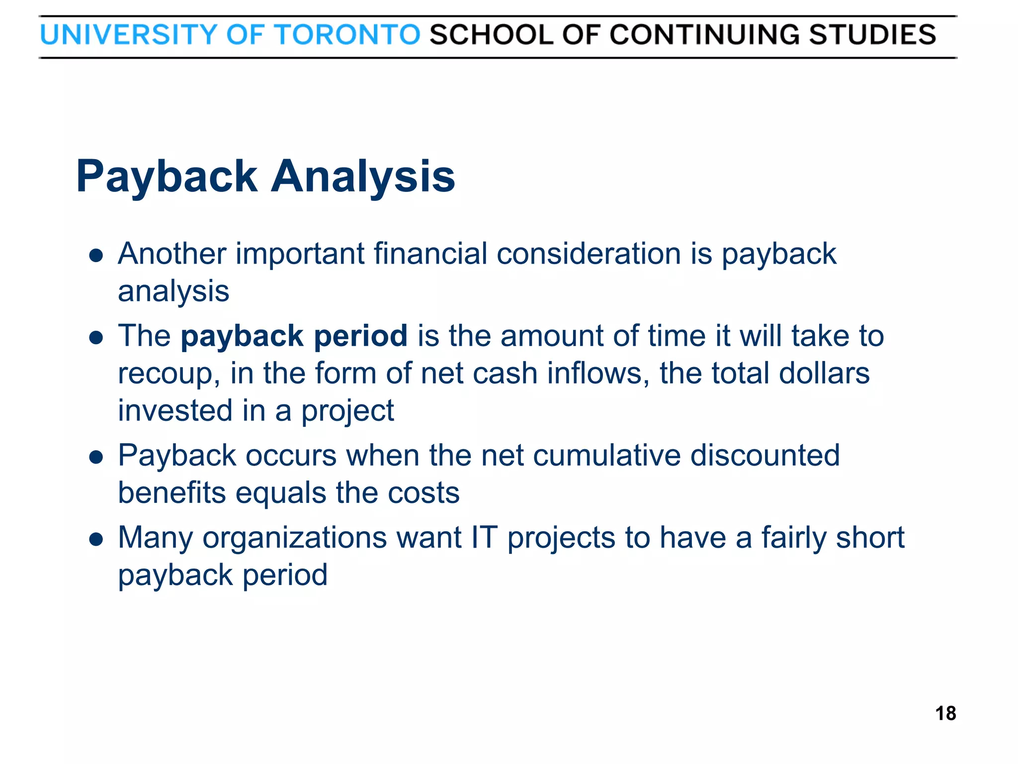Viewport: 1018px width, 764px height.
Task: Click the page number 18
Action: click(945, 713)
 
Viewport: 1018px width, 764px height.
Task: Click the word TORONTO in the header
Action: click(347, 35)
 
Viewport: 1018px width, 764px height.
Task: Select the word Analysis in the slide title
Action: click(363, 178)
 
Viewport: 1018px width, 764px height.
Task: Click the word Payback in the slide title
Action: click(167, 178)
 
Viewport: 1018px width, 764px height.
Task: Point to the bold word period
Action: click(361, 337)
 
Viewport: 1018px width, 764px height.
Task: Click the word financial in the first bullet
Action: click(430, 254)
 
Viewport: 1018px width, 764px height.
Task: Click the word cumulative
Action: click(607, 456)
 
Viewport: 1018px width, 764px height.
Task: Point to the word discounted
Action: click(765, 456)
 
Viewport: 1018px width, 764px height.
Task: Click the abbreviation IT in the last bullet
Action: click(485, 538)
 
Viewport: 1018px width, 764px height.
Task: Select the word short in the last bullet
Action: click(870, 538)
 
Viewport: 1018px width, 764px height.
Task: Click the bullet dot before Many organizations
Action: click(96, 539)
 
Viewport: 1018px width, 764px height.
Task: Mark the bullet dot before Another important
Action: click(96, 256)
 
